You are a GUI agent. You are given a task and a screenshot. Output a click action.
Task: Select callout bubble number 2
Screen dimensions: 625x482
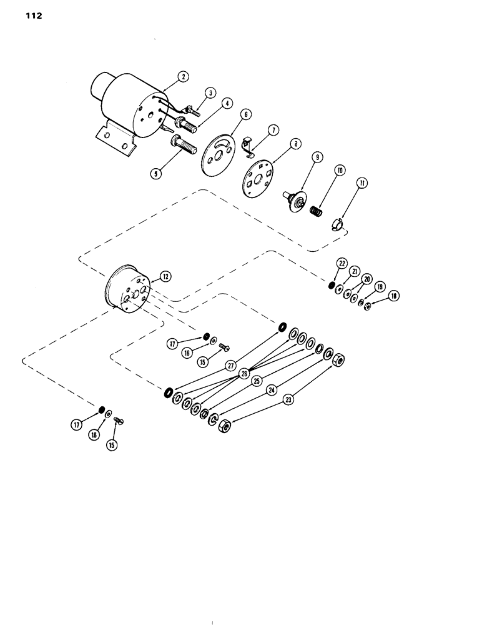point(183,77)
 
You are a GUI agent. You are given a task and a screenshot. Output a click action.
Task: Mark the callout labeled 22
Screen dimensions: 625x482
point(342,263)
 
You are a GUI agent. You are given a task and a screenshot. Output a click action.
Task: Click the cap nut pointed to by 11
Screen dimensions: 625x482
point(337,223)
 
